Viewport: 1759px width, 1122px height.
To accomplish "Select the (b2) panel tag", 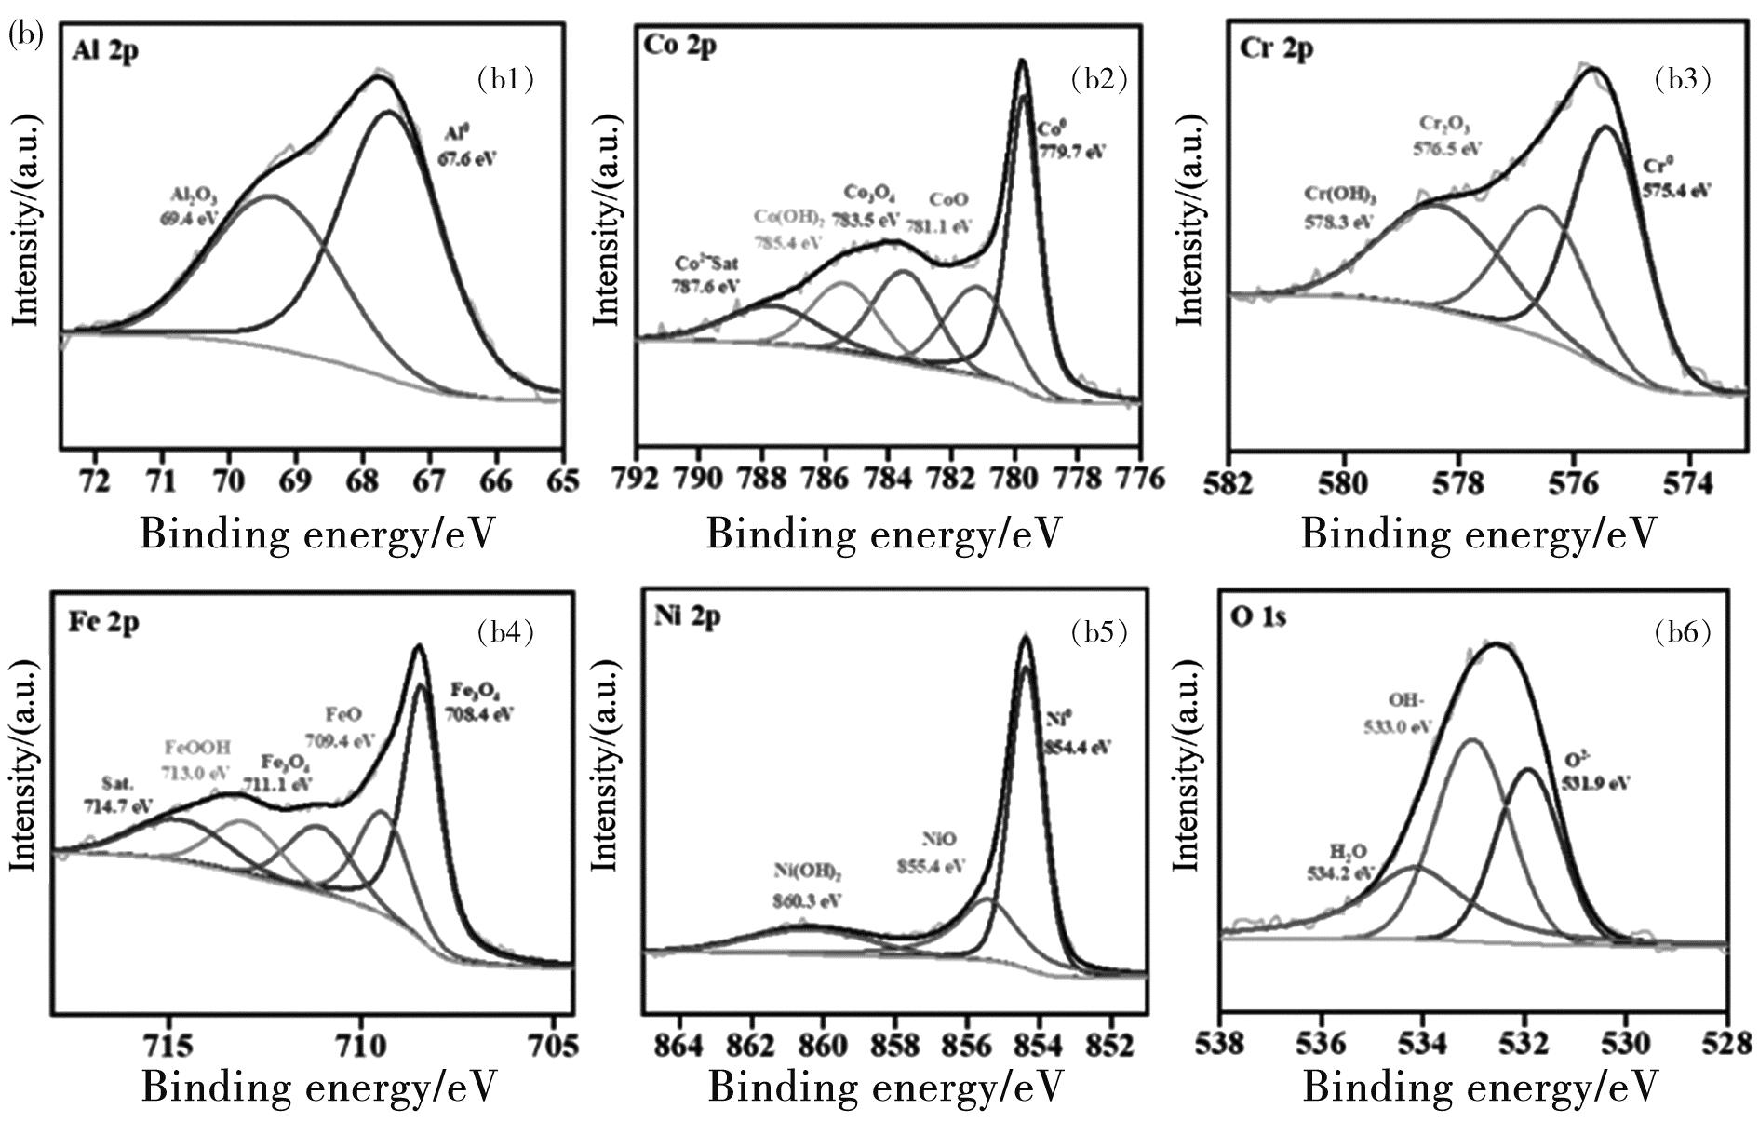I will [x=1099, y=79].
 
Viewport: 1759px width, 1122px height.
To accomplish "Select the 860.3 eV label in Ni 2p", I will [x=807, y=900].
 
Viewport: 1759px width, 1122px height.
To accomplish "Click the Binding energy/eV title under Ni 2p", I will [x=884, y=1088].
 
